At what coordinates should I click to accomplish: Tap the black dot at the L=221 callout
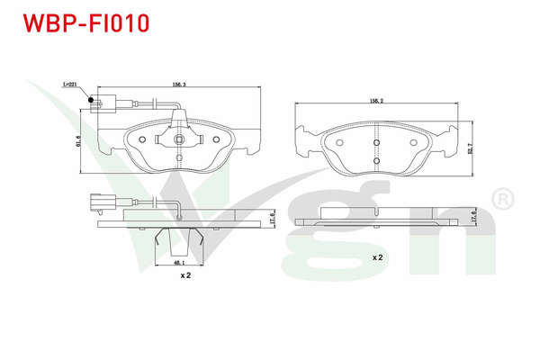click(x=90, y=100)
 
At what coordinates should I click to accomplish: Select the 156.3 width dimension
click(x=179, y=85)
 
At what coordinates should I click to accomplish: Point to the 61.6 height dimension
click(x=78, y=140)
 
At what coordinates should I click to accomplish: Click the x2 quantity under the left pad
click(x=185, y=275)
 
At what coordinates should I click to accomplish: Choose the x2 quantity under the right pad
click(x=379, y=257)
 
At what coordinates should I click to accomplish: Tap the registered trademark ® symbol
click(x=496, y=196)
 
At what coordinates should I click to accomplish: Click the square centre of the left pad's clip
click(x=178, y=140)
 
